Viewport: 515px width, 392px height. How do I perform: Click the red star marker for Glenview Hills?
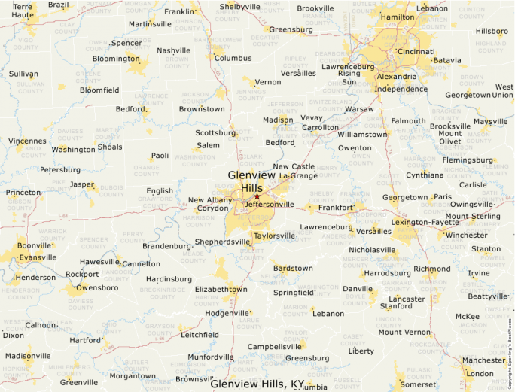click(257, 196)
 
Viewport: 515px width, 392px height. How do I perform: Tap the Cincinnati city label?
click(416, 52)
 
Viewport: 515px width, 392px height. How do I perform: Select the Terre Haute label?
click(23, 10)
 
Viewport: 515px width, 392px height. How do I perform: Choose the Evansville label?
click(38, 257)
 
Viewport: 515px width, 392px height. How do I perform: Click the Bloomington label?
click(116, 59)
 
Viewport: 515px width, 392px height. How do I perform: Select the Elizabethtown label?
click(221, 289)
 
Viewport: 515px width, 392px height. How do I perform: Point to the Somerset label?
click(419, 384)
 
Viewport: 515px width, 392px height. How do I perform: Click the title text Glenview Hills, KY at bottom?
click(257, 384)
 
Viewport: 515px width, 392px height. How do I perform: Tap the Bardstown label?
click(292, 268)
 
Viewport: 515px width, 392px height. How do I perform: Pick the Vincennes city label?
click(27, 141)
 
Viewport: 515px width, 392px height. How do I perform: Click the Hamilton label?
click(398, 17)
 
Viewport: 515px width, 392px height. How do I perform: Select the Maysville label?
click(491, 122)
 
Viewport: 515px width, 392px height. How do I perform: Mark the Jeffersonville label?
click(270, 204)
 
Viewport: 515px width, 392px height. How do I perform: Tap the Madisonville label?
click(28, 356)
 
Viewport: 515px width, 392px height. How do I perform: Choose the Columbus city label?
click(233, 58)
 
